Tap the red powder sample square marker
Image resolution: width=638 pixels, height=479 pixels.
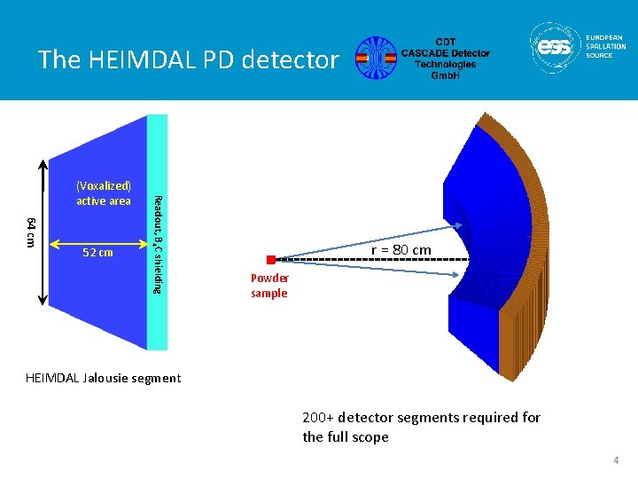pyautogui.click(x=271, y=260)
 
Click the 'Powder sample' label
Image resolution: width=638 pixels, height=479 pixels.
pyautogui.click(x=269, y=286)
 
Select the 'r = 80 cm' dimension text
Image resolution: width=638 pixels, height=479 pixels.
pyautogui.click(x=401, y=250)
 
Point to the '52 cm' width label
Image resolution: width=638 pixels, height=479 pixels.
pyautogui.click(x=97, y=253)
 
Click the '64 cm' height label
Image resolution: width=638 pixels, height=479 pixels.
pyautogui.click(x=31, y=232)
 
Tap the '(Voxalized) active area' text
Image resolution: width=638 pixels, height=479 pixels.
pyautogui.click(x=104, y=193)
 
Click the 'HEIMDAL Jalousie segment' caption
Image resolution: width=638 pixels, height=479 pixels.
pyautogui.click(x=103, y=379)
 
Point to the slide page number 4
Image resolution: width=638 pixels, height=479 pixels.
pyautogui.click(x=614, y=461)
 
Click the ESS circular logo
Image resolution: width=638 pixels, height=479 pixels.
pyautogui.click(x=556, y=48)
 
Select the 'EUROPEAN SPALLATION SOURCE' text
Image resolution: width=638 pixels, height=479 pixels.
pyautogui.click(x=605, y=46)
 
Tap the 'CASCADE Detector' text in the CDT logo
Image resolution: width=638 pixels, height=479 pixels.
pyautogui.click(x=444, y=53)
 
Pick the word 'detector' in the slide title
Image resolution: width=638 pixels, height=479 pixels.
pyautogui.click(x=297, y=59)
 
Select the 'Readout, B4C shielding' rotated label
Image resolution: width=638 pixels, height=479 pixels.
pyautogui.click(x=157, y=244)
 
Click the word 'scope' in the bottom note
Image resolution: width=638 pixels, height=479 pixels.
pyautogui.click(x=370, y=437)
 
